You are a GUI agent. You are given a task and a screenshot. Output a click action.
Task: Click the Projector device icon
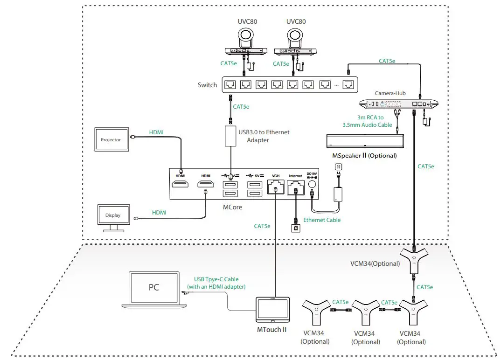click(111, 139)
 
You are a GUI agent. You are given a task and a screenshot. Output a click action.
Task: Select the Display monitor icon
click(112, 215)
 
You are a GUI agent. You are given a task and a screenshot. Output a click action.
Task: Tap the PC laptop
click(153, 289)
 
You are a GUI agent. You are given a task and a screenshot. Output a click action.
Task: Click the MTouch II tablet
click(273, 309)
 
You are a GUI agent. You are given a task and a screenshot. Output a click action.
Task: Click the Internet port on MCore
click(295, 187)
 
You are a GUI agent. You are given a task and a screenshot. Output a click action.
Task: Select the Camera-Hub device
click(400, 104)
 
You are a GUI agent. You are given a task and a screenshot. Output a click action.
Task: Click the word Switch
click(207, 85)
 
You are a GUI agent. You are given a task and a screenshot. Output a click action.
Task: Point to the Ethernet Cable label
click(322, 220)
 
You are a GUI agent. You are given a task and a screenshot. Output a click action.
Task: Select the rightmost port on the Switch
click(348, 85)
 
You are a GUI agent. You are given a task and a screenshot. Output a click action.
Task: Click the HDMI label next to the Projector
click(156, 132)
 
